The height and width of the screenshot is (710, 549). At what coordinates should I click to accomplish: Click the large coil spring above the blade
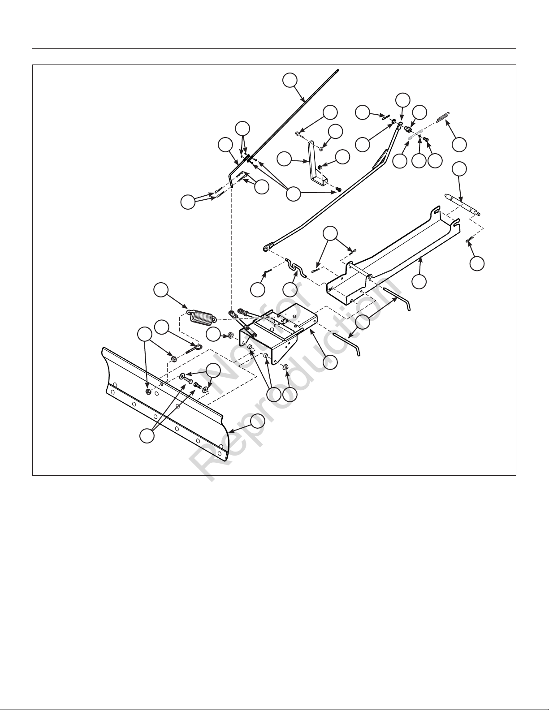tap(201, 317)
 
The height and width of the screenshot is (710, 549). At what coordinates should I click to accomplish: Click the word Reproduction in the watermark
tap(294, 379)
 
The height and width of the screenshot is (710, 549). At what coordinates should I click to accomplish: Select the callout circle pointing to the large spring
tap(161, 291)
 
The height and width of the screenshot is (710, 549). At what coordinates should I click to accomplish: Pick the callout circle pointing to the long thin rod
tap(290, 81)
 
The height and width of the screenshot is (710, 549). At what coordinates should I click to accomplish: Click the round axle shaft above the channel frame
tap(463, 205)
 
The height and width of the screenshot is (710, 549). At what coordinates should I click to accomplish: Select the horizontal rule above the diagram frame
tap(274, 49)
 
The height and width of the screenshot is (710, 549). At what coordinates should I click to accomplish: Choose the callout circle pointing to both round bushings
tap(274, 395)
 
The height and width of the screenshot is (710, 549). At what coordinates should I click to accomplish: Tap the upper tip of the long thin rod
tap(338, 70)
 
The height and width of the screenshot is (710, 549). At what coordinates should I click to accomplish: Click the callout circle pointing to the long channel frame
tap(419, 281)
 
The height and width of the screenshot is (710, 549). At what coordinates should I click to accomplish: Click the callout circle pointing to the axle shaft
tap(459, 168)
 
